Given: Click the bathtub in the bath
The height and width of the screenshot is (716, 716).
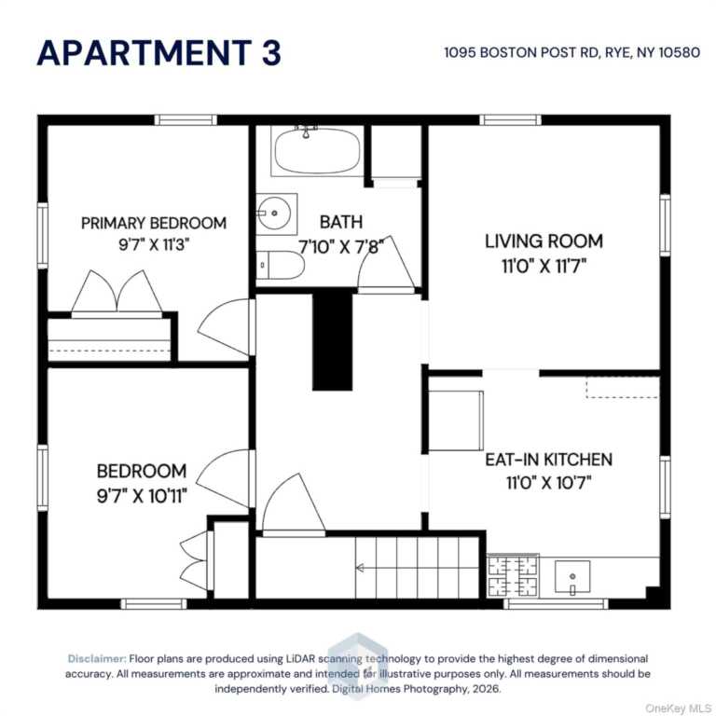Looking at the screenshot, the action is tap(317, 151).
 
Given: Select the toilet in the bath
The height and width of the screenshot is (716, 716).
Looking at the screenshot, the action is tap(280, 265).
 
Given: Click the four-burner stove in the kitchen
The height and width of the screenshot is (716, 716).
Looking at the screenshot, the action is tap(513, 576).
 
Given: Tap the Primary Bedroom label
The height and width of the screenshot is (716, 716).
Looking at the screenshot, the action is tap(154, 224).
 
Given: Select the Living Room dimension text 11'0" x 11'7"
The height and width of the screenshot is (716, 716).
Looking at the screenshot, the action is tap(544, 266).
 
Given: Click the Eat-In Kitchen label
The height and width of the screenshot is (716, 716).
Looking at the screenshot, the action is tap(548, 460).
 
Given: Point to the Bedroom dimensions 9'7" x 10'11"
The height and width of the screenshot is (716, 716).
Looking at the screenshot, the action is tap(142, 495).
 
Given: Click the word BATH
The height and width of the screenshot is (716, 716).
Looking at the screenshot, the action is tap(341, 222).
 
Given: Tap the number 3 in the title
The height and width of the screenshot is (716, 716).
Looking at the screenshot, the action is tap(271, 52).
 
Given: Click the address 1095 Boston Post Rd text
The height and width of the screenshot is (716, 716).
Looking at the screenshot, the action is tap(521, 52).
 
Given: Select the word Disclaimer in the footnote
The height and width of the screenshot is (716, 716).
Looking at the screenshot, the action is tap(97, 658).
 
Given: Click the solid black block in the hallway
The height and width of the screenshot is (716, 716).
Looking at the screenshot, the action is tap(333, 341).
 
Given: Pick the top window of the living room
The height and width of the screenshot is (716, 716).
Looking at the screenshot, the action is tap(510, 120).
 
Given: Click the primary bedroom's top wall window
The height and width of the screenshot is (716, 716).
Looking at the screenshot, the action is tap(186, 120).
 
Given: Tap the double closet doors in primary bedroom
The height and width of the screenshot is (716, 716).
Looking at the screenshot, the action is tap(117, 295).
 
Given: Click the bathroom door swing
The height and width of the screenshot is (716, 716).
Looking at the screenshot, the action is tap(386, 265).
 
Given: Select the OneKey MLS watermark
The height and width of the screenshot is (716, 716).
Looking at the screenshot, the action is tap(678, 709).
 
